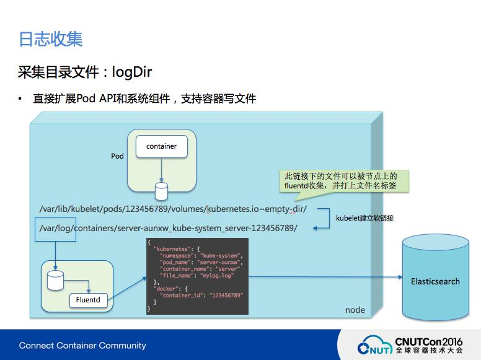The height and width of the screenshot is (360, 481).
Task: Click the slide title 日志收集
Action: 51,39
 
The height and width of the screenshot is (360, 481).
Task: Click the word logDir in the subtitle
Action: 131,72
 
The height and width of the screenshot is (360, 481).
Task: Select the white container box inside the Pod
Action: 161,147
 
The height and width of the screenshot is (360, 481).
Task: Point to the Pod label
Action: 118,156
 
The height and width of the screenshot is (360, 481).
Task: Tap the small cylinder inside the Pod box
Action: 161,188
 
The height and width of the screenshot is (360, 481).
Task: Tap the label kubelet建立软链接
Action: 365,218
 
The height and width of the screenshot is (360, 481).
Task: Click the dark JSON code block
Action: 197,276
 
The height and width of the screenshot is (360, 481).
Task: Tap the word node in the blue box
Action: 355,310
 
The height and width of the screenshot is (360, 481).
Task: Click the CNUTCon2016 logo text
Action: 429,341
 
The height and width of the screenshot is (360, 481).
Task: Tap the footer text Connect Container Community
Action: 82,345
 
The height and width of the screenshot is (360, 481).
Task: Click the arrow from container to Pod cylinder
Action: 161,169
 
